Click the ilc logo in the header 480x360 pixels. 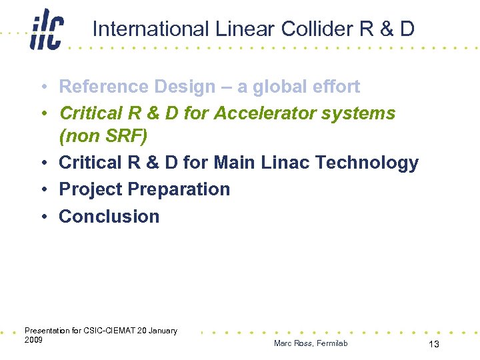[x=46, y=31]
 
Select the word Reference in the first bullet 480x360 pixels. [x=104, y=87]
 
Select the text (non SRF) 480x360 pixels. [x=103, y=136]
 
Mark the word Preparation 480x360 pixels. [x=179, y=189]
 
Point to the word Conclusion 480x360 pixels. [x=109, y=217]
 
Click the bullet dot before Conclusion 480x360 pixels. [x=42, y=217]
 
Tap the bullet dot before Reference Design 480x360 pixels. [x=42, y=87]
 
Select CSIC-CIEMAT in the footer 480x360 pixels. [x=110, y=331]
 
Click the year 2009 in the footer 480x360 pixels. [x=33, y=340]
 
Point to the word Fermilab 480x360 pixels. [x=332, y=343]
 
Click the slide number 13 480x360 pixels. [x=433, y=344]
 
